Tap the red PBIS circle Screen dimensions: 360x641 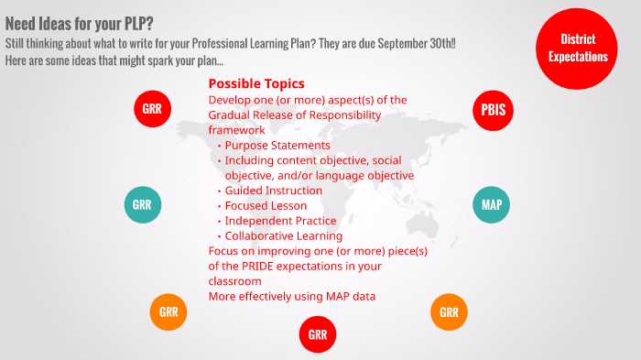492,111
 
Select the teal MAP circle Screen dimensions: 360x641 492,204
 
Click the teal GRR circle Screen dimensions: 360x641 142,204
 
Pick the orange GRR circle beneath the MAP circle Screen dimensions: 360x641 449,312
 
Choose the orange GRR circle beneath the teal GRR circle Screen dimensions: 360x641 168,312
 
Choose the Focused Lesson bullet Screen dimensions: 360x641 266,205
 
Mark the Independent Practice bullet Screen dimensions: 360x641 280,221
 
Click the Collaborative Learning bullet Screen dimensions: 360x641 283,236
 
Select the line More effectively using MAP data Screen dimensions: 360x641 291,296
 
